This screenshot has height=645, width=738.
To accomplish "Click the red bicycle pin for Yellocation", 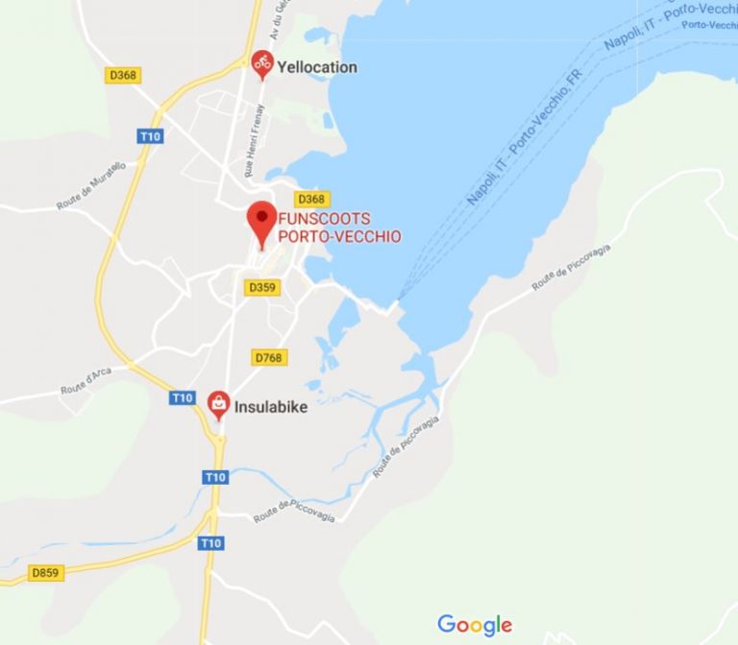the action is pos(261,64).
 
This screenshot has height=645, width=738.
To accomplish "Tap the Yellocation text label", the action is pos(316,67).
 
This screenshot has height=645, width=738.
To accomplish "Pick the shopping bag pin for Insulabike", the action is pos(219,405).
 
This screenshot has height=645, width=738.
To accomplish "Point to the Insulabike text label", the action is pos(272,407).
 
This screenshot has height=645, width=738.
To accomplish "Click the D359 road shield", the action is pos(261,287).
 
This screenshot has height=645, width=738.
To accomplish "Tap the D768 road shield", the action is pos(270,357).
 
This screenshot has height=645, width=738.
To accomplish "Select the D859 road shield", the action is pos(45,573).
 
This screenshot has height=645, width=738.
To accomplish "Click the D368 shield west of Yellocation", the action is pos(123,75).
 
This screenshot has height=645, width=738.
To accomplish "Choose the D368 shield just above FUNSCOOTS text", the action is pos(311,199).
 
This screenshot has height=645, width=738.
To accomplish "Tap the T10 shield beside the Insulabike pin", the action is pos(183,397).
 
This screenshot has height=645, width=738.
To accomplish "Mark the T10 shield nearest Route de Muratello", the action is pos(150,136).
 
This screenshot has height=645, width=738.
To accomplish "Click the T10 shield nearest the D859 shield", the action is pos(210,543).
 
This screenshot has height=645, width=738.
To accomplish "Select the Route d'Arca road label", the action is pos(86,381).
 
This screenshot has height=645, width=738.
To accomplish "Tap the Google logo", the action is pos(475,625).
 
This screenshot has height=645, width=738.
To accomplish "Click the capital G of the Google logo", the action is pos(446,624).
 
